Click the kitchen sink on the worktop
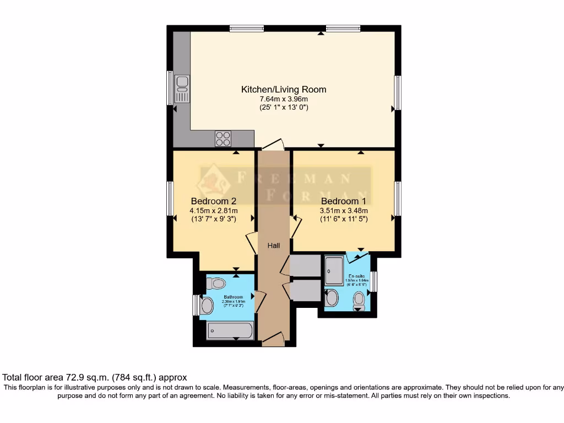182,88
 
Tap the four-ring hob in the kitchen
223,138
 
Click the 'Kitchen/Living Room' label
284,89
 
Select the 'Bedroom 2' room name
214,201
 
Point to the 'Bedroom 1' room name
344,201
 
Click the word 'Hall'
274,245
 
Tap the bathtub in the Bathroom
230,331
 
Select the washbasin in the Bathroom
207,305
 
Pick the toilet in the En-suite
359,300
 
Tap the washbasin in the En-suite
333,298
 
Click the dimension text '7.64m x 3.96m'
284,99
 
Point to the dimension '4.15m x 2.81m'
214,210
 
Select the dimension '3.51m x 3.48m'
344,210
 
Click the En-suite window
374,281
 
